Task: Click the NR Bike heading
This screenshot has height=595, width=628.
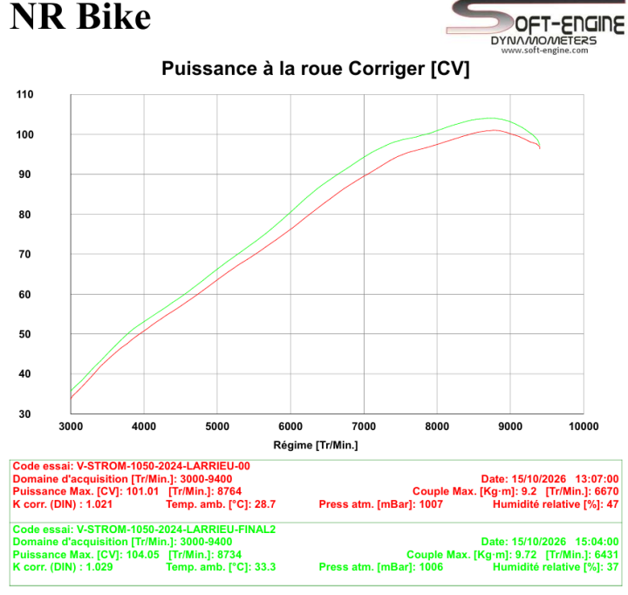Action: tap(80, 17)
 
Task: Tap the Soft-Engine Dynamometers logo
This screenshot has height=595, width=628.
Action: tap(536, 24)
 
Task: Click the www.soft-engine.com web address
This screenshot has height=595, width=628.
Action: tap(544, 51)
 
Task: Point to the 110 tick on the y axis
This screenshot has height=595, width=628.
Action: tap(24, 94)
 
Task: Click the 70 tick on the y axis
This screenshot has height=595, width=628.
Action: tap(24, 255)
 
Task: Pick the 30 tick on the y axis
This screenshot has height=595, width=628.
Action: tap(24, 414)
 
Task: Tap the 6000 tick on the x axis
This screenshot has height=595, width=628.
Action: tap(290, 427)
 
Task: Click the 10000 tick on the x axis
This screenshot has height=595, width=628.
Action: tap(584, 427)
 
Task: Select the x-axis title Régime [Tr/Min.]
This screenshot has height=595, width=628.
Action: tap(316, 445)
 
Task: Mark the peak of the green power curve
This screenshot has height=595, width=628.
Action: tap(491, 118)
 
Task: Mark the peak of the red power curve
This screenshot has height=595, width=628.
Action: tap(494, 130)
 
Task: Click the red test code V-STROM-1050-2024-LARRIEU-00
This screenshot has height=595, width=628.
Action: tap(163, 466)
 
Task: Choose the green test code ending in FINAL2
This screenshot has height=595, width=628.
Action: tap(176, 530)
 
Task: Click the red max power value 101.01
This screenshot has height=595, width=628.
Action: tap(142, 491)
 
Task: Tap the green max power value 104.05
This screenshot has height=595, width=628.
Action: tap(142, 555)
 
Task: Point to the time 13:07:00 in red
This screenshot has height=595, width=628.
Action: tap(597, 479)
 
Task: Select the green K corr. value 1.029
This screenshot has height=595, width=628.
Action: tap(99, 567)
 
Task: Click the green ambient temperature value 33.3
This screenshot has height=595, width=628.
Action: tap(265, 567)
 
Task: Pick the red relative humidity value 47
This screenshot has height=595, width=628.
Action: tap(613, 504)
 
